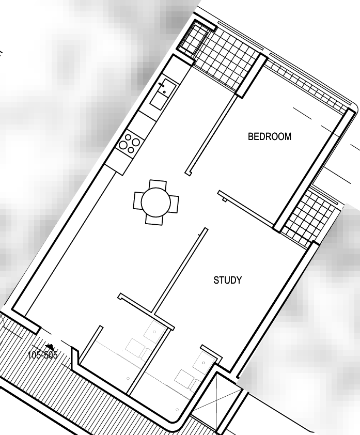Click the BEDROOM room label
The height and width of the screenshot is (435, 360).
click(x=270, y=136)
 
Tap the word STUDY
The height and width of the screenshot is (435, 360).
click(x=227, y=280)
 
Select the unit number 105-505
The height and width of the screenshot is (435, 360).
click(x=43, y=355)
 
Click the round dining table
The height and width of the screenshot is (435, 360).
click(x=156, y=202)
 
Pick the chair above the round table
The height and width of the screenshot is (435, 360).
click(x=158, y=184)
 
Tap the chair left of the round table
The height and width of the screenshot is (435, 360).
click(x=138, y=201)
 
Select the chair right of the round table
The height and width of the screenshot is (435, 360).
click(x=174, y=204)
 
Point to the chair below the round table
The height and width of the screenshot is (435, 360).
click(x=154, y=220)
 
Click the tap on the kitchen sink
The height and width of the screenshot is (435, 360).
click(x=162, y=84)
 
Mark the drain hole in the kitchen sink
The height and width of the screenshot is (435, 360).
click(x=164, y=92)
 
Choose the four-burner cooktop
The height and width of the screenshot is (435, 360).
click(x=130, y=144)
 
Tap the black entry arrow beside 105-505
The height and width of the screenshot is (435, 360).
click(x=50, y=346)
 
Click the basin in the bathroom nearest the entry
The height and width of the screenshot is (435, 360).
click(x=154, y=332)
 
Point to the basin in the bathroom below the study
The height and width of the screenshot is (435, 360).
click(x=204, y=363)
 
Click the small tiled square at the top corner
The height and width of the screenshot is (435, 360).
click(x=193, y=39)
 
